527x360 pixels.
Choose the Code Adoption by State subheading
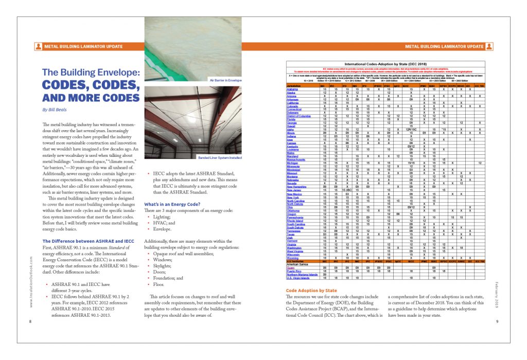point(311,291)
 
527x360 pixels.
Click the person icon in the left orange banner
point(38,46)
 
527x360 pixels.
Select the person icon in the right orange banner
point(489,46)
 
